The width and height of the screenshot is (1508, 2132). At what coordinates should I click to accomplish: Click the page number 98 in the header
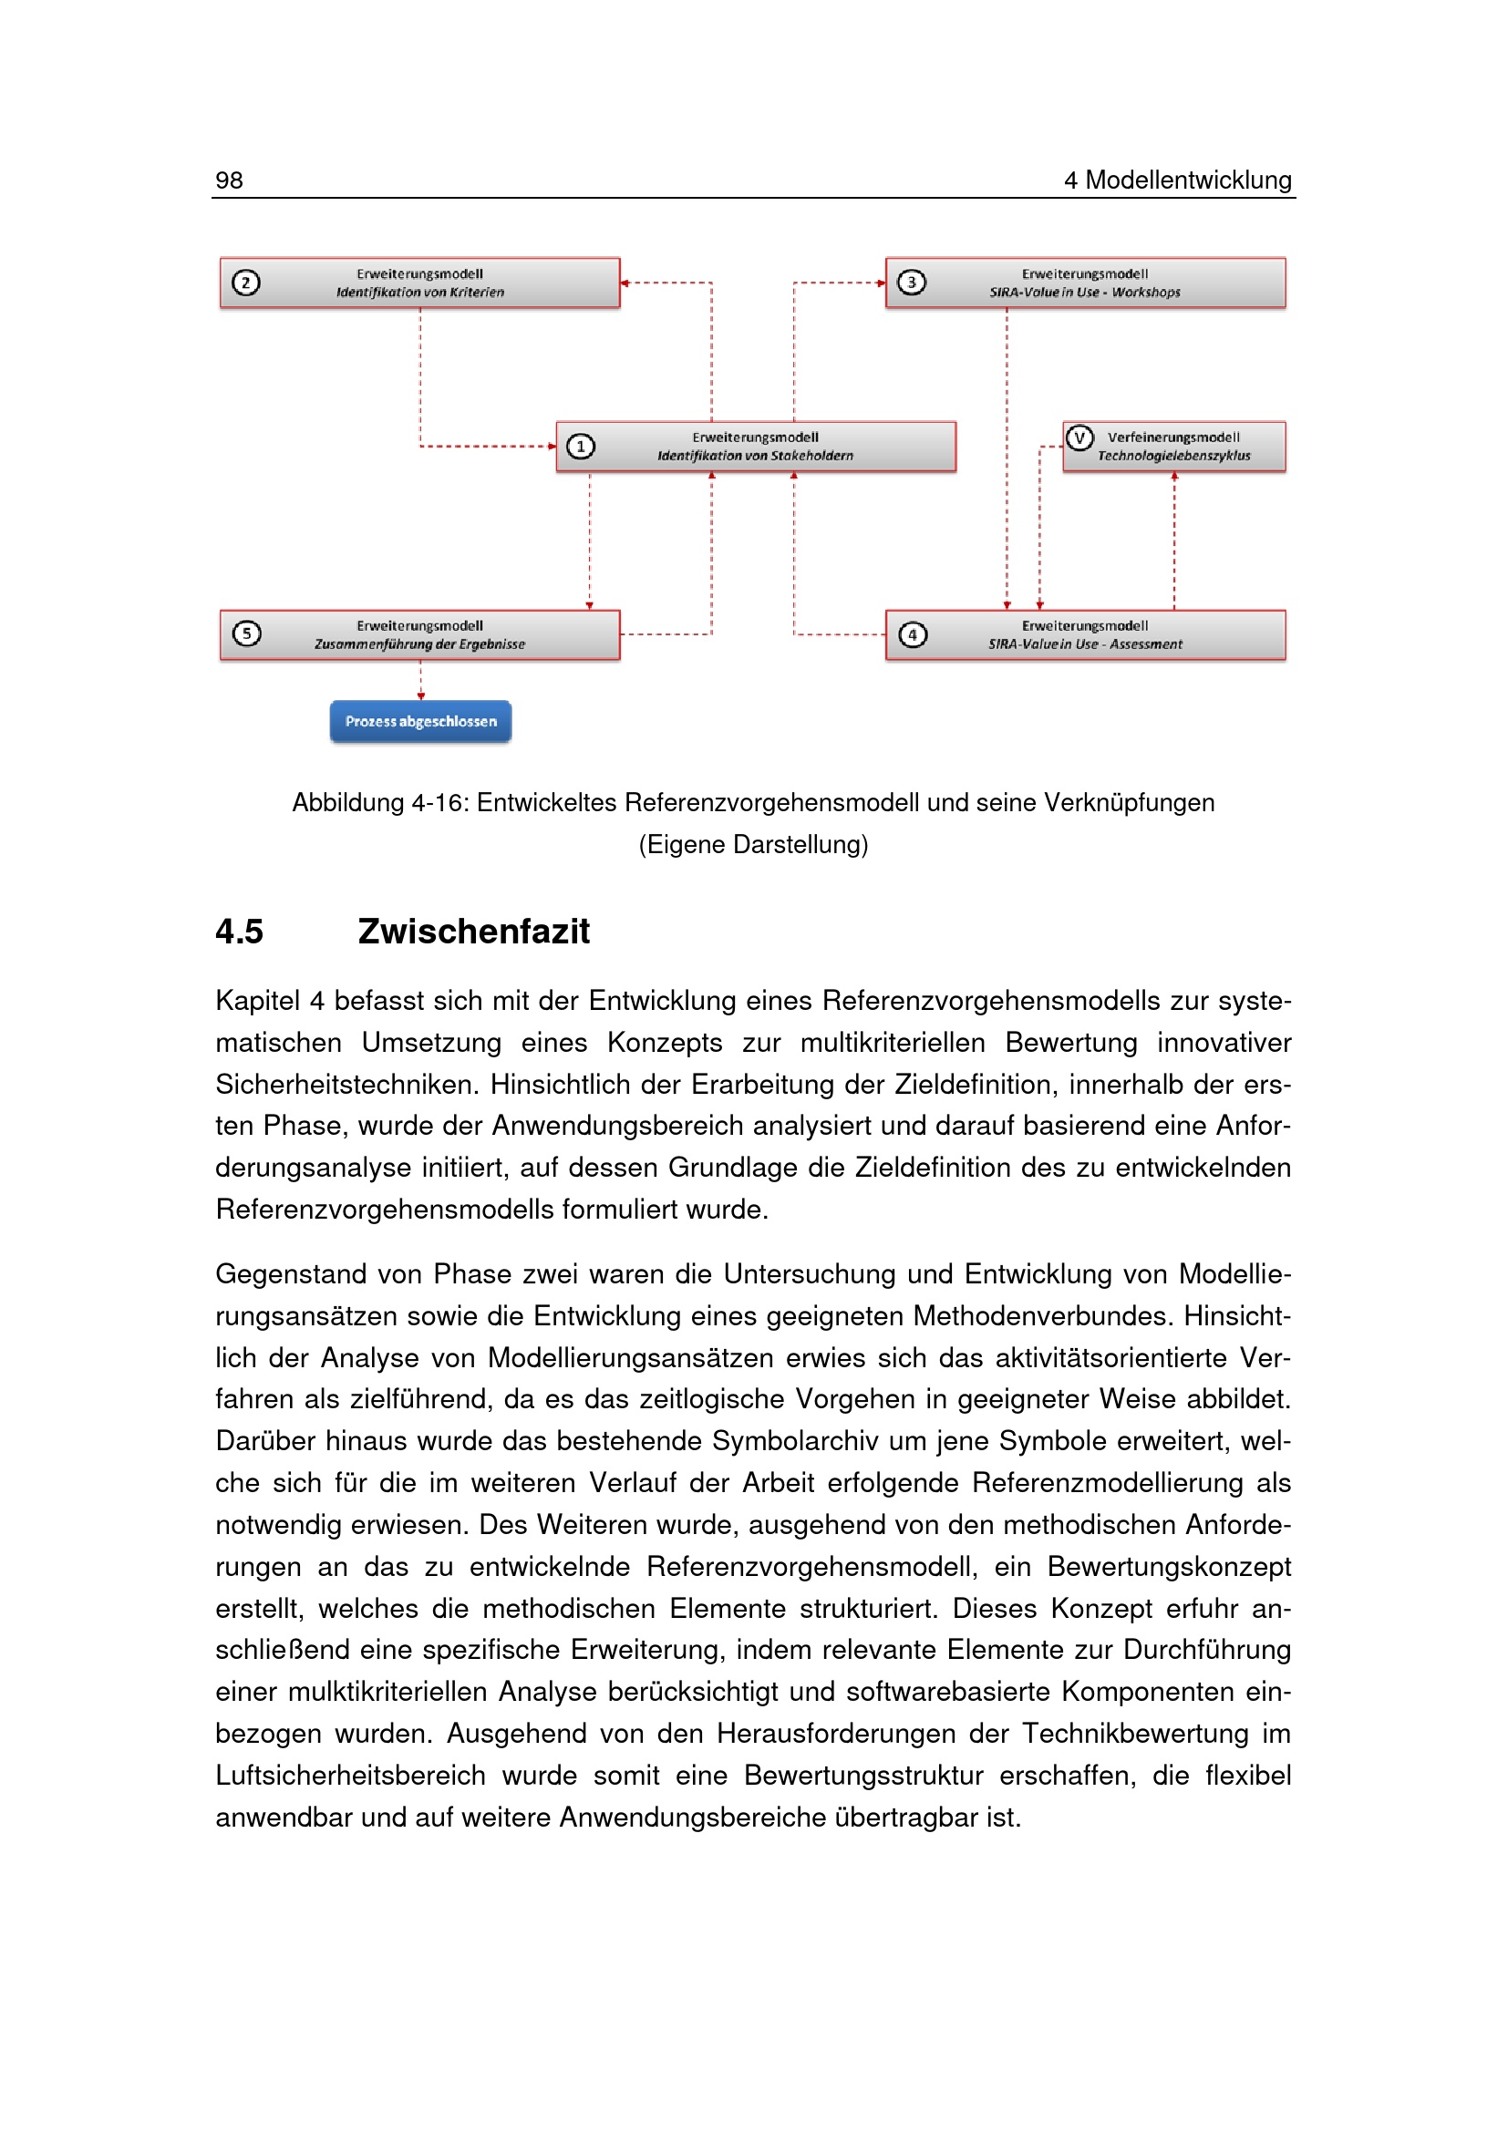pos(230,180)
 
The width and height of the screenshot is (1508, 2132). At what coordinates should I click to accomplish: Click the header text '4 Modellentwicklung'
pos(1176,180)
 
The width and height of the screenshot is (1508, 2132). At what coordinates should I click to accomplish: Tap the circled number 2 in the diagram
pos(246,283)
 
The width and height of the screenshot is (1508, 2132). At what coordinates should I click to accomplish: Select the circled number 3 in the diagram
pos(911,283)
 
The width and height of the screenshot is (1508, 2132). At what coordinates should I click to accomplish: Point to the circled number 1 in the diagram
pos(581,447)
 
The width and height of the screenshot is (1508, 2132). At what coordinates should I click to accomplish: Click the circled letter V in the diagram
pos(1079,438)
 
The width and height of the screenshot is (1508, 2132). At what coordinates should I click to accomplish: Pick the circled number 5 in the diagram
pos(246,633)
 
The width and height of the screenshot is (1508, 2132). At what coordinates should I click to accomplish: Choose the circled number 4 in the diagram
pos(913,634)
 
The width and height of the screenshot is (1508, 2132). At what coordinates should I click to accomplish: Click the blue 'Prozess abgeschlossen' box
pos(419,722)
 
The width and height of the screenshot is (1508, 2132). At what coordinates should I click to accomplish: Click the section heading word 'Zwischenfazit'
pos(472,932)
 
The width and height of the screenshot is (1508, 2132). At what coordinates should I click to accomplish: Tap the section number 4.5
pos(240,932)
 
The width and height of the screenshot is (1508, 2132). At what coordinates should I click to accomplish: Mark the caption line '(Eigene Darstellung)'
pos(753,844)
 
